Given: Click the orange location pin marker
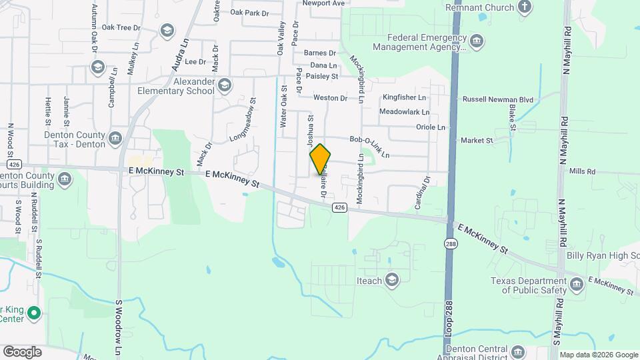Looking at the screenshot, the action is [x=320, y=159].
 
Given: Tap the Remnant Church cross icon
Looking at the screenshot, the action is [x=525, y=7].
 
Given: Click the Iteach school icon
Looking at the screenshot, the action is [x=393, y=280].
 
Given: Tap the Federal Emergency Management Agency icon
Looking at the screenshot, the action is [x=477, y=42].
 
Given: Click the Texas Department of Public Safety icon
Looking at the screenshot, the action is [x=577, y=285].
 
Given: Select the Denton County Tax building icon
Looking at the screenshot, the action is [x=115, y=139].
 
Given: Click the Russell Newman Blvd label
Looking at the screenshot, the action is [x=499, y=100].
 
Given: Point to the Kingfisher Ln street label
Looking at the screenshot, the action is [x=407, y=97].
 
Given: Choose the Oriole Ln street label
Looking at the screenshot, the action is [x=430, y=127].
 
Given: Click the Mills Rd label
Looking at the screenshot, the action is [x=582, y=171].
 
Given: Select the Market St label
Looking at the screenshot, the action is [x=477, y=141].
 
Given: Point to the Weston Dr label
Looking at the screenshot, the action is [x=330, y=98].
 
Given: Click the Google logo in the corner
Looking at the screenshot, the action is [x=21, y=351].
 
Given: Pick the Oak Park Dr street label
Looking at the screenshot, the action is [x=249, y=13].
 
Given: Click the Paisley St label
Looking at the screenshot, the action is [x=323, y=77].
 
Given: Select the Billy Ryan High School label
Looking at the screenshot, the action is [x=603, y=256].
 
